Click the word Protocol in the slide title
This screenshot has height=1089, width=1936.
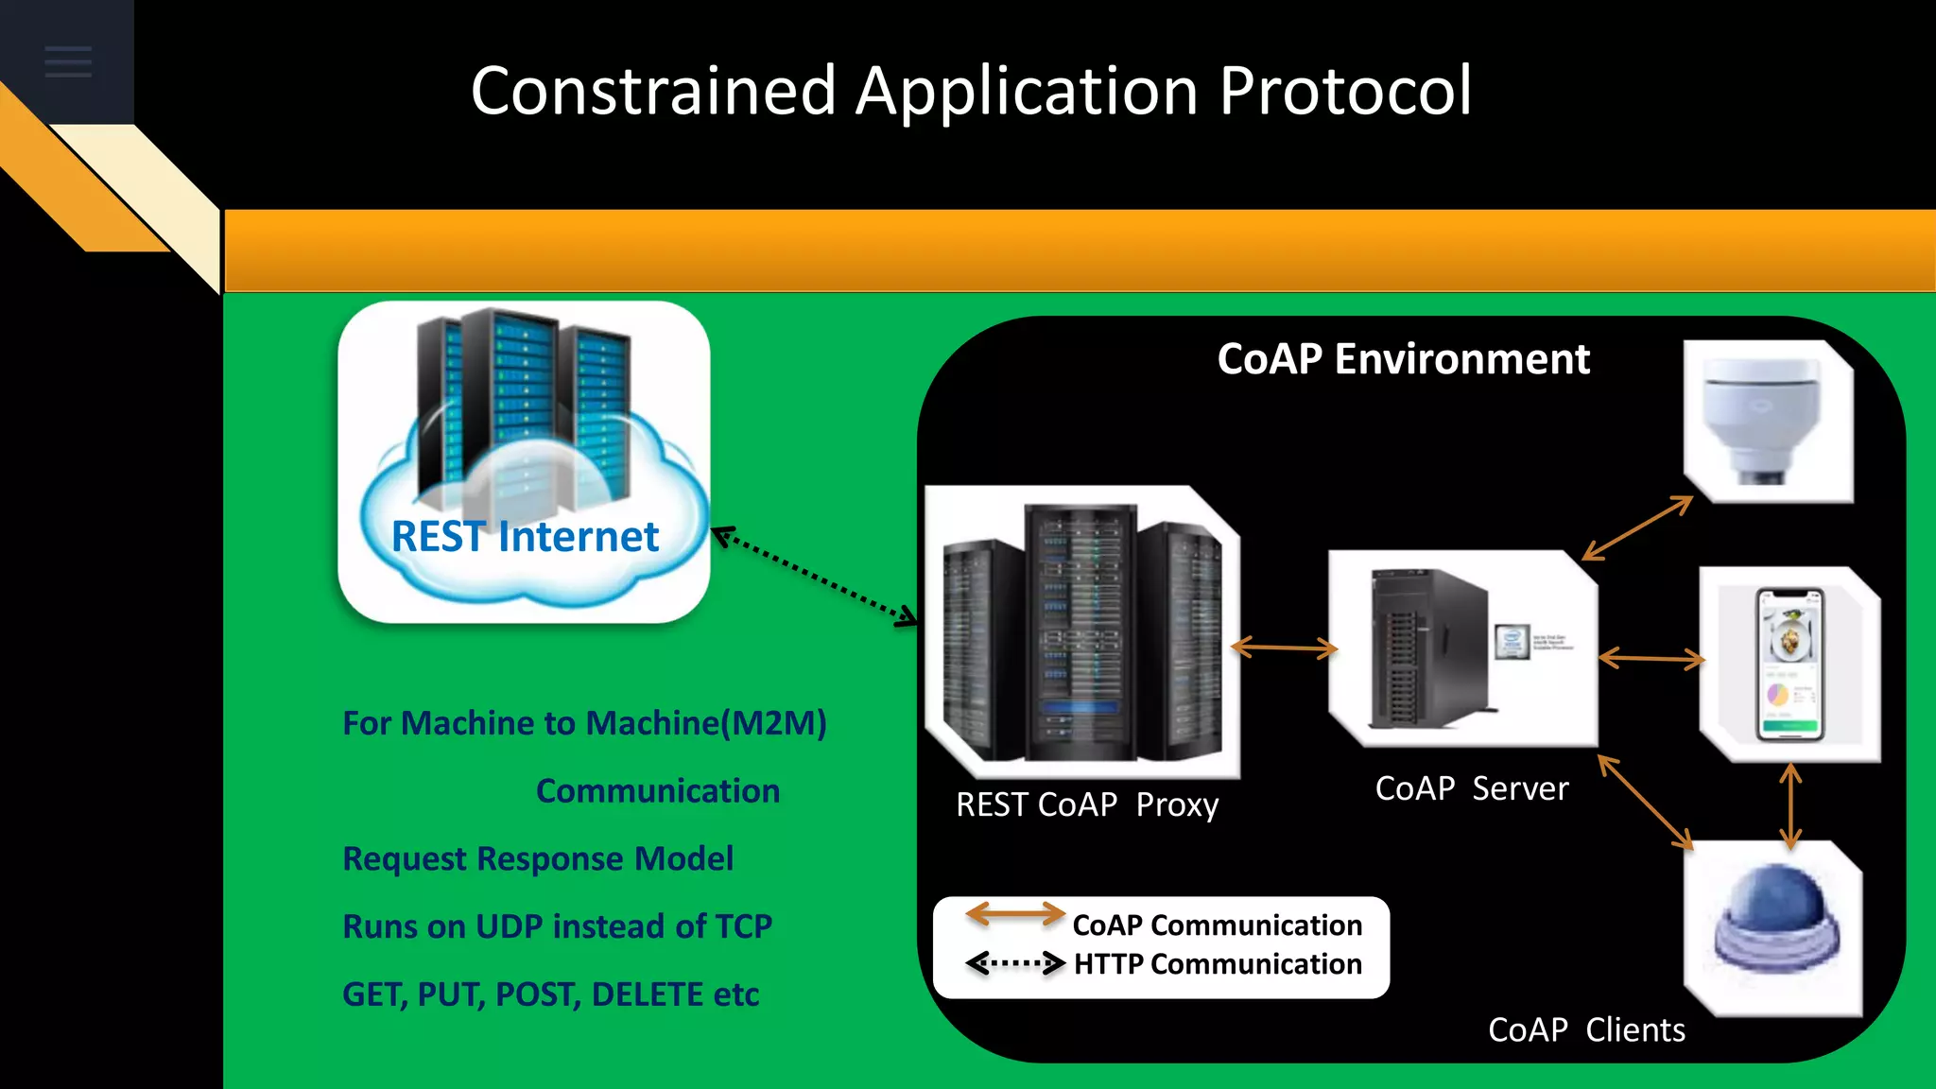(1344, 92)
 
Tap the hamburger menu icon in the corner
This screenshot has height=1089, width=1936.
(68, 62)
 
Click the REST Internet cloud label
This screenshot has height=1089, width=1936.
(525, 537)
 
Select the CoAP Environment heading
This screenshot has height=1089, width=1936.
(1403, 359)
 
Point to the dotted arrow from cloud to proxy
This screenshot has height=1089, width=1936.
(814, 577)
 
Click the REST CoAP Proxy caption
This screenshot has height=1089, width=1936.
(1087, 804)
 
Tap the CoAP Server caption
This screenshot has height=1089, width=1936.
(1471, 788)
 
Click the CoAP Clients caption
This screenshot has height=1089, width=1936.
(1586, 1029)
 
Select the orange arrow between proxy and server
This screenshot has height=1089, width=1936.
(1284, 648)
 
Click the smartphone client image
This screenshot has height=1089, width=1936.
(1789, 665)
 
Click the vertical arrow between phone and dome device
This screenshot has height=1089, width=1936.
(1789, 804)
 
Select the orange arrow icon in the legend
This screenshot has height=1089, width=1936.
(1014, 913)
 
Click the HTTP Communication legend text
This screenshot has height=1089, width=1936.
(1218, 964)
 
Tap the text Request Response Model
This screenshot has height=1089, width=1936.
(537, 858)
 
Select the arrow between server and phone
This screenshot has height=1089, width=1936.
(1651, 659)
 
